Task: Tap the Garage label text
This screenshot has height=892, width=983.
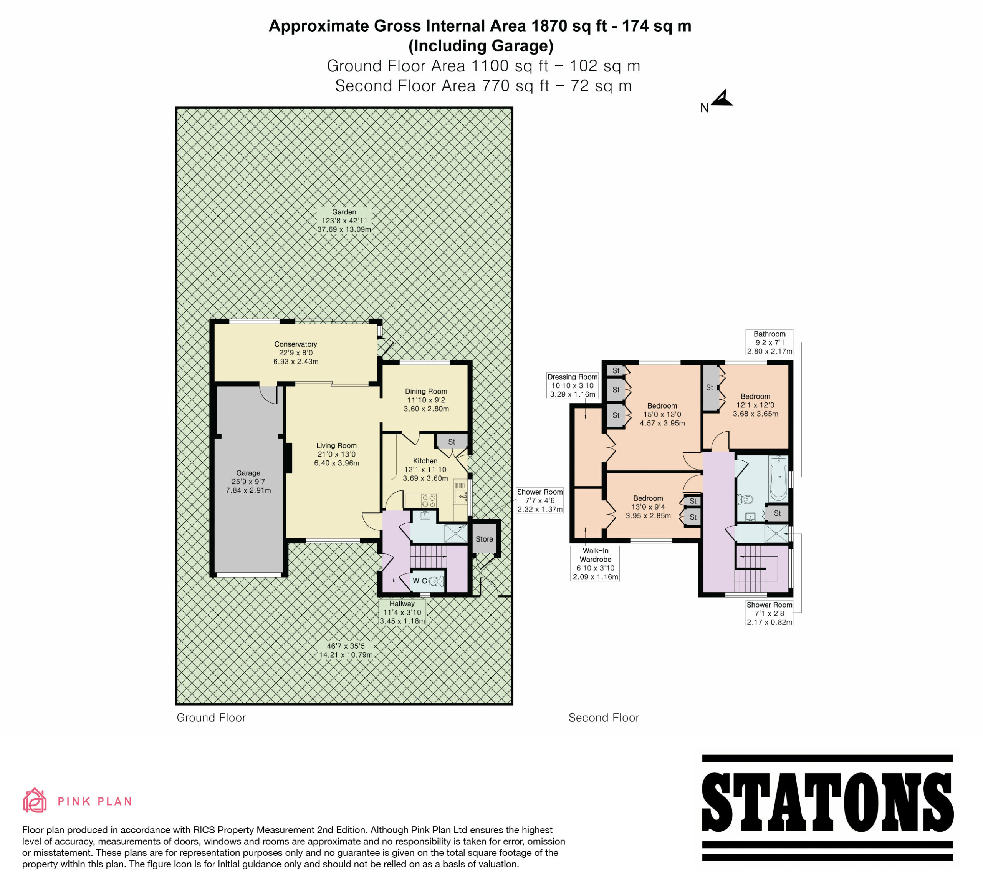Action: pos(248,473)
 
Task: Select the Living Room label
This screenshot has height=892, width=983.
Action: pos(336,445)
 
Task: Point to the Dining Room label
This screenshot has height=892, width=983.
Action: pos(426,391)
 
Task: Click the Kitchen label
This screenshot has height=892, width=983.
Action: pos(425,461)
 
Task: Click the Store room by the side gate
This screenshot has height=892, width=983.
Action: pos(484,539)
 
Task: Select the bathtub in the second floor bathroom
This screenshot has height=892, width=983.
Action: pos(779,479)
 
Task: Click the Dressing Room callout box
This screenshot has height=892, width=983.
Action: pos(573,385)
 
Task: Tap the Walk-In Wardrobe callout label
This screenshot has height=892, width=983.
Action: pos(595,563)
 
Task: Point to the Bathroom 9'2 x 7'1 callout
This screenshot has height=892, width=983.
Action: pos(770,342)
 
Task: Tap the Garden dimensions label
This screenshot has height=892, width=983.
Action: pos(344,221)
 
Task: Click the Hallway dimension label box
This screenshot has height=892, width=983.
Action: pos(402,612)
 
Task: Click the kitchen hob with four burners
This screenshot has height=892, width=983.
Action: pos(429,501)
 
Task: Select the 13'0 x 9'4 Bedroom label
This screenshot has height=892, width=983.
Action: pos(648,507)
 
